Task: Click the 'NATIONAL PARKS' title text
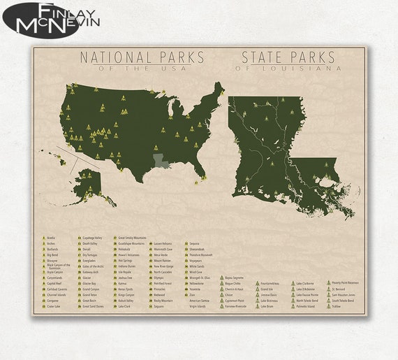pyautogui.click(x=142, y=57)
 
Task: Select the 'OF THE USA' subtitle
pyautogui.click(x=142, y=69)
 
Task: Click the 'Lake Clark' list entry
pyautogui.click(x=125, y=306)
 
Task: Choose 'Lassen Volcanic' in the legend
pyautogui.click(x=164, y=238)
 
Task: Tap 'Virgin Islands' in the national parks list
pyautogui.click(x=198, y=306)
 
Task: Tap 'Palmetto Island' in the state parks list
pyautogui.click(x=307, y=306)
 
